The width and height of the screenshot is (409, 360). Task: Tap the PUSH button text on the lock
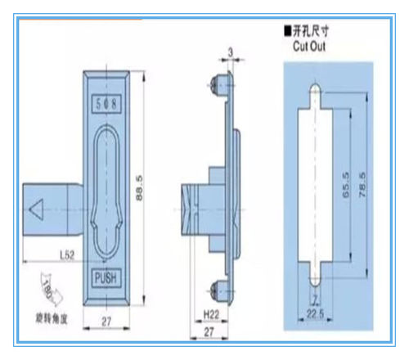(x=107, y=277)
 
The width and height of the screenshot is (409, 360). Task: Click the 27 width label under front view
(x=106, y=322)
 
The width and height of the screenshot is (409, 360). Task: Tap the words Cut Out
(x=308, y=47)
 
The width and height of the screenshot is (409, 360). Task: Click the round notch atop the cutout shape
(x=316, y=89)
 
